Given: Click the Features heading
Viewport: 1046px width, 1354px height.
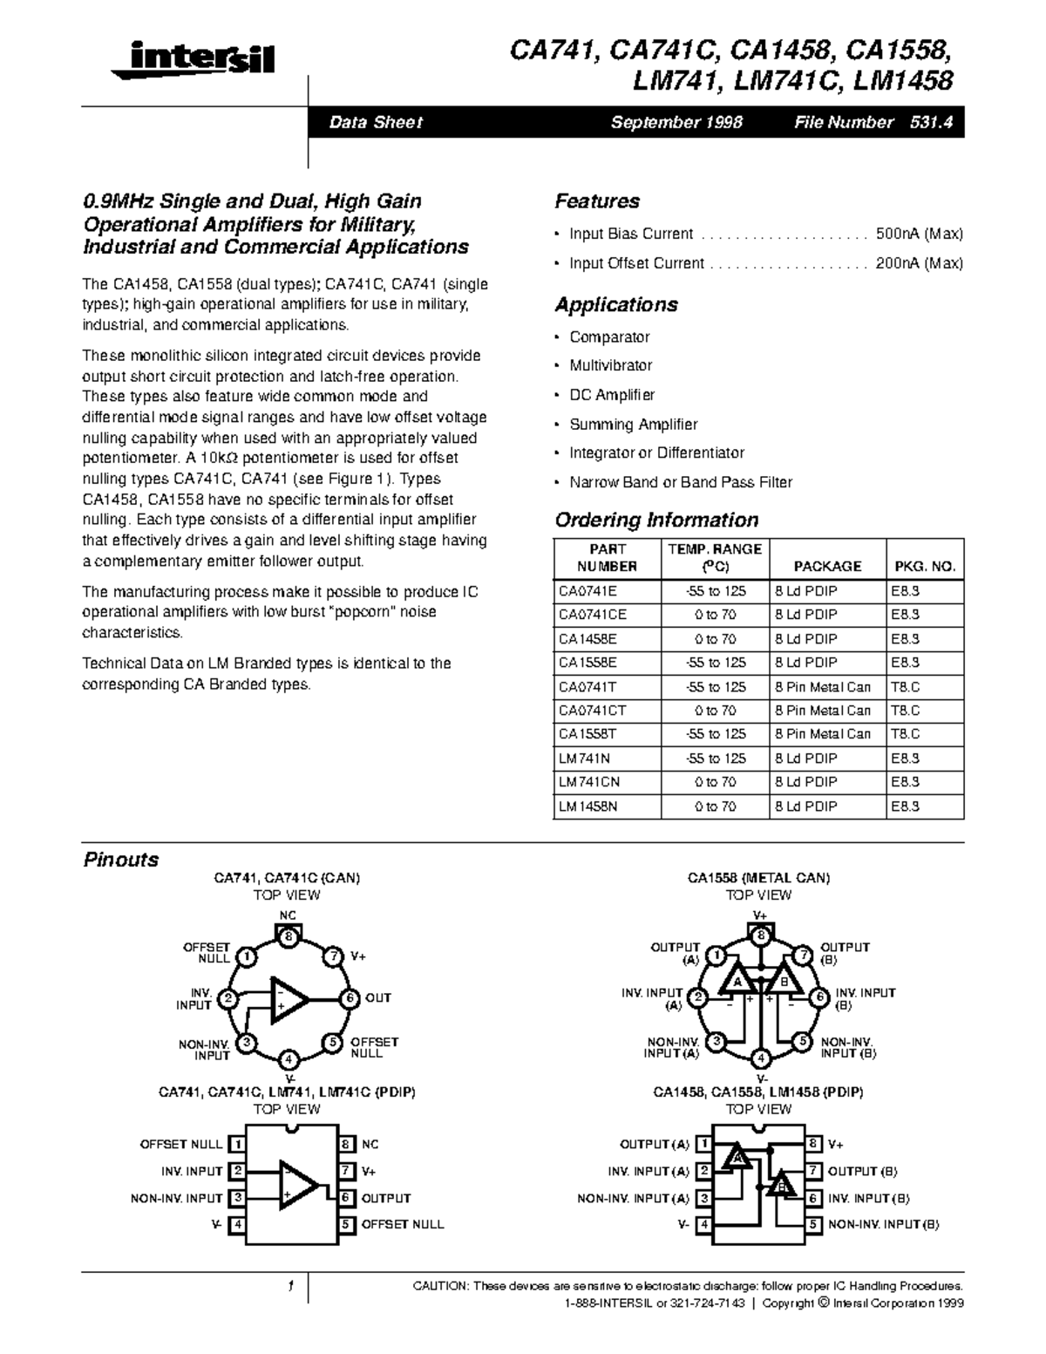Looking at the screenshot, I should coord(597,201).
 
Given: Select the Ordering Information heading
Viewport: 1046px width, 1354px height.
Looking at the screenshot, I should coord(656,521).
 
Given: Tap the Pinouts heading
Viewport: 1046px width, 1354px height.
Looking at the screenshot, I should coord(120,860).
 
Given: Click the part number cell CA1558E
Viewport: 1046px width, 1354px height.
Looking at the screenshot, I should coord(588,663).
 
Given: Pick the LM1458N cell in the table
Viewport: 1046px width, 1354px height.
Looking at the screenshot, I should coord(588,806).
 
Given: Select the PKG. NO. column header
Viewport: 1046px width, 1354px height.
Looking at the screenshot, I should coord(925,566).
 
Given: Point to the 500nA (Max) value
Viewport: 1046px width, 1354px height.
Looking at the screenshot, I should coord(919,234).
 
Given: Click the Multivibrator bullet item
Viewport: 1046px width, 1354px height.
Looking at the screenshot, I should coord(610,365).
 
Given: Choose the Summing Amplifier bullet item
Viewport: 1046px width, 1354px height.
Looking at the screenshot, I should coord(633,425).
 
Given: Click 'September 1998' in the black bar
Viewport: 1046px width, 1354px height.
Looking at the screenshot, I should coord(676,123).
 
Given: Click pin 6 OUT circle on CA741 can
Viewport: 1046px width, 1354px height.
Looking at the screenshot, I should coord(350,998).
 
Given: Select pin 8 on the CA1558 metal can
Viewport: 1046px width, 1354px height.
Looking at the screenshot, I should coord(761,936).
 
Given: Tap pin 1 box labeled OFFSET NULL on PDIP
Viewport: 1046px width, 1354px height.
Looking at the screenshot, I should coord(236,1144).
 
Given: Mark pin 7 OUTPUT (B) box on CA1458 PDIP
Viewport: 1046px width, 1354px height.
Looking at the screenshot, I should coord(813,1171).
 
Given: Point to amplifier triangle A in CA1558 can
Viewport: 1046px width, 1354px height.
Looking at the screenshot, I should coord(737,982).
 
